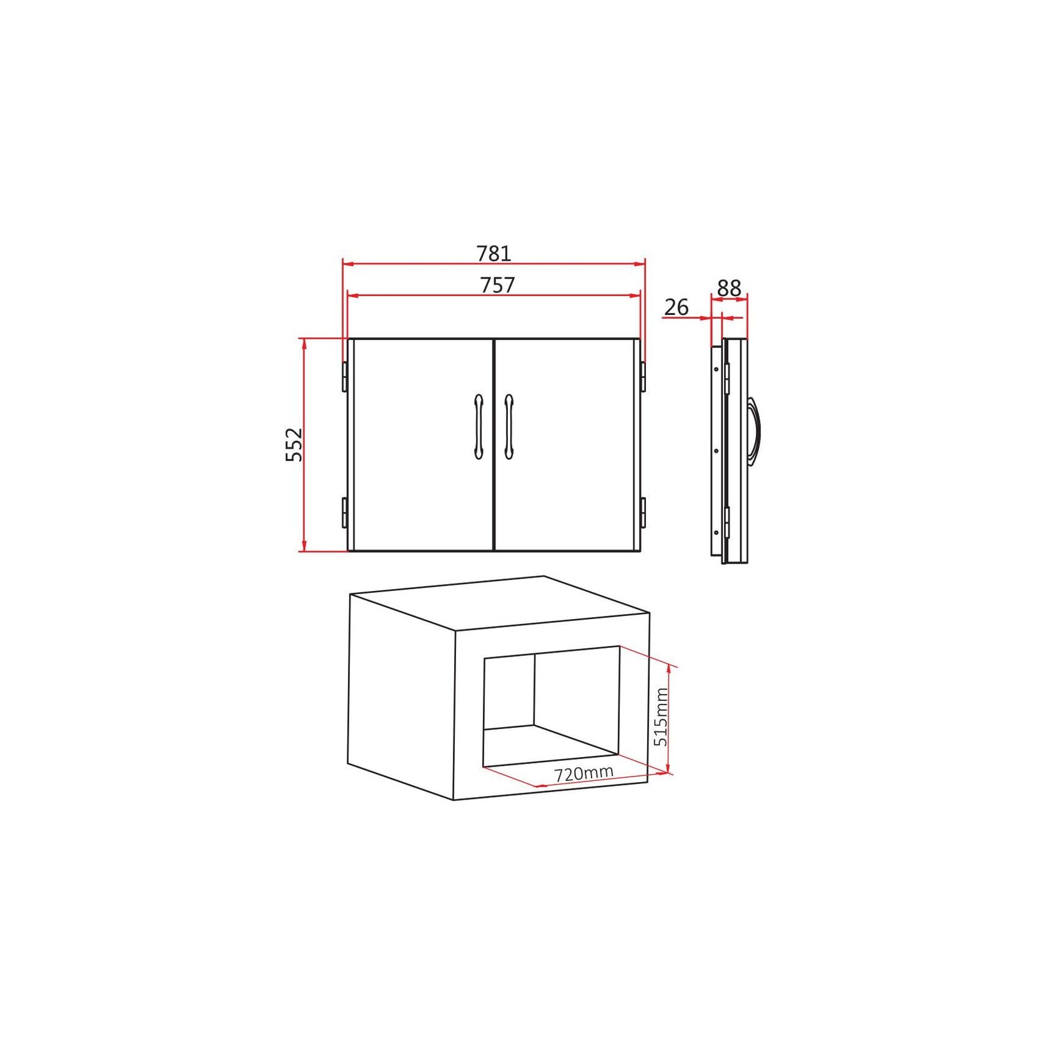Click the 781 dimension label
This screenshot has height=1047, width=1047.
494,253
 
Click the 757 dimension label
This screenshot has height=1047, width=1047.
497,285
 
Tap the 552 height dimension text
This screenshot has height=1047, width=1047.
294,444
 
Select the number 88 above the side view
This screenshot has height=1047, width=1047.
728,288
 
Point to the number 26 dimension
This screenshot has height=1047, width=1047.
676,307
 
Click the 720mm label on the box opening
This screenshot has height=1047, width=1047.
583,773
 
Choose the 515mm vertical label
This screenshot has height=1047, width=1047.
661,717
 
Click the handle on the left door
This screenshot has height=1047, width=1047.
479,427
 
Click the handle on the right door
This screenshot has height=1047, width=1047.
509,427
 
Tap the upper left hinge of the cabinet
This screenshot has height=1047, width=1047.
344,377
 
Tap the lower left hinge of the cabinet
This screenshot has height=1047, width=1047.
344,513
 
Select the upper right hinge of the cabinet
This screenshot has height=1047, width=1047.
643,377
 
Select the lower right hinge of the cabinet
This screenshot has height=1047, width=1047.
643,513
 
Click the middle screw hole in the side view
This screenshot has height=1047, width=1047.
715,450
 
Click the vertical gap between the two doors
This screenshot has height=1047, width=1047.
494,445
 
